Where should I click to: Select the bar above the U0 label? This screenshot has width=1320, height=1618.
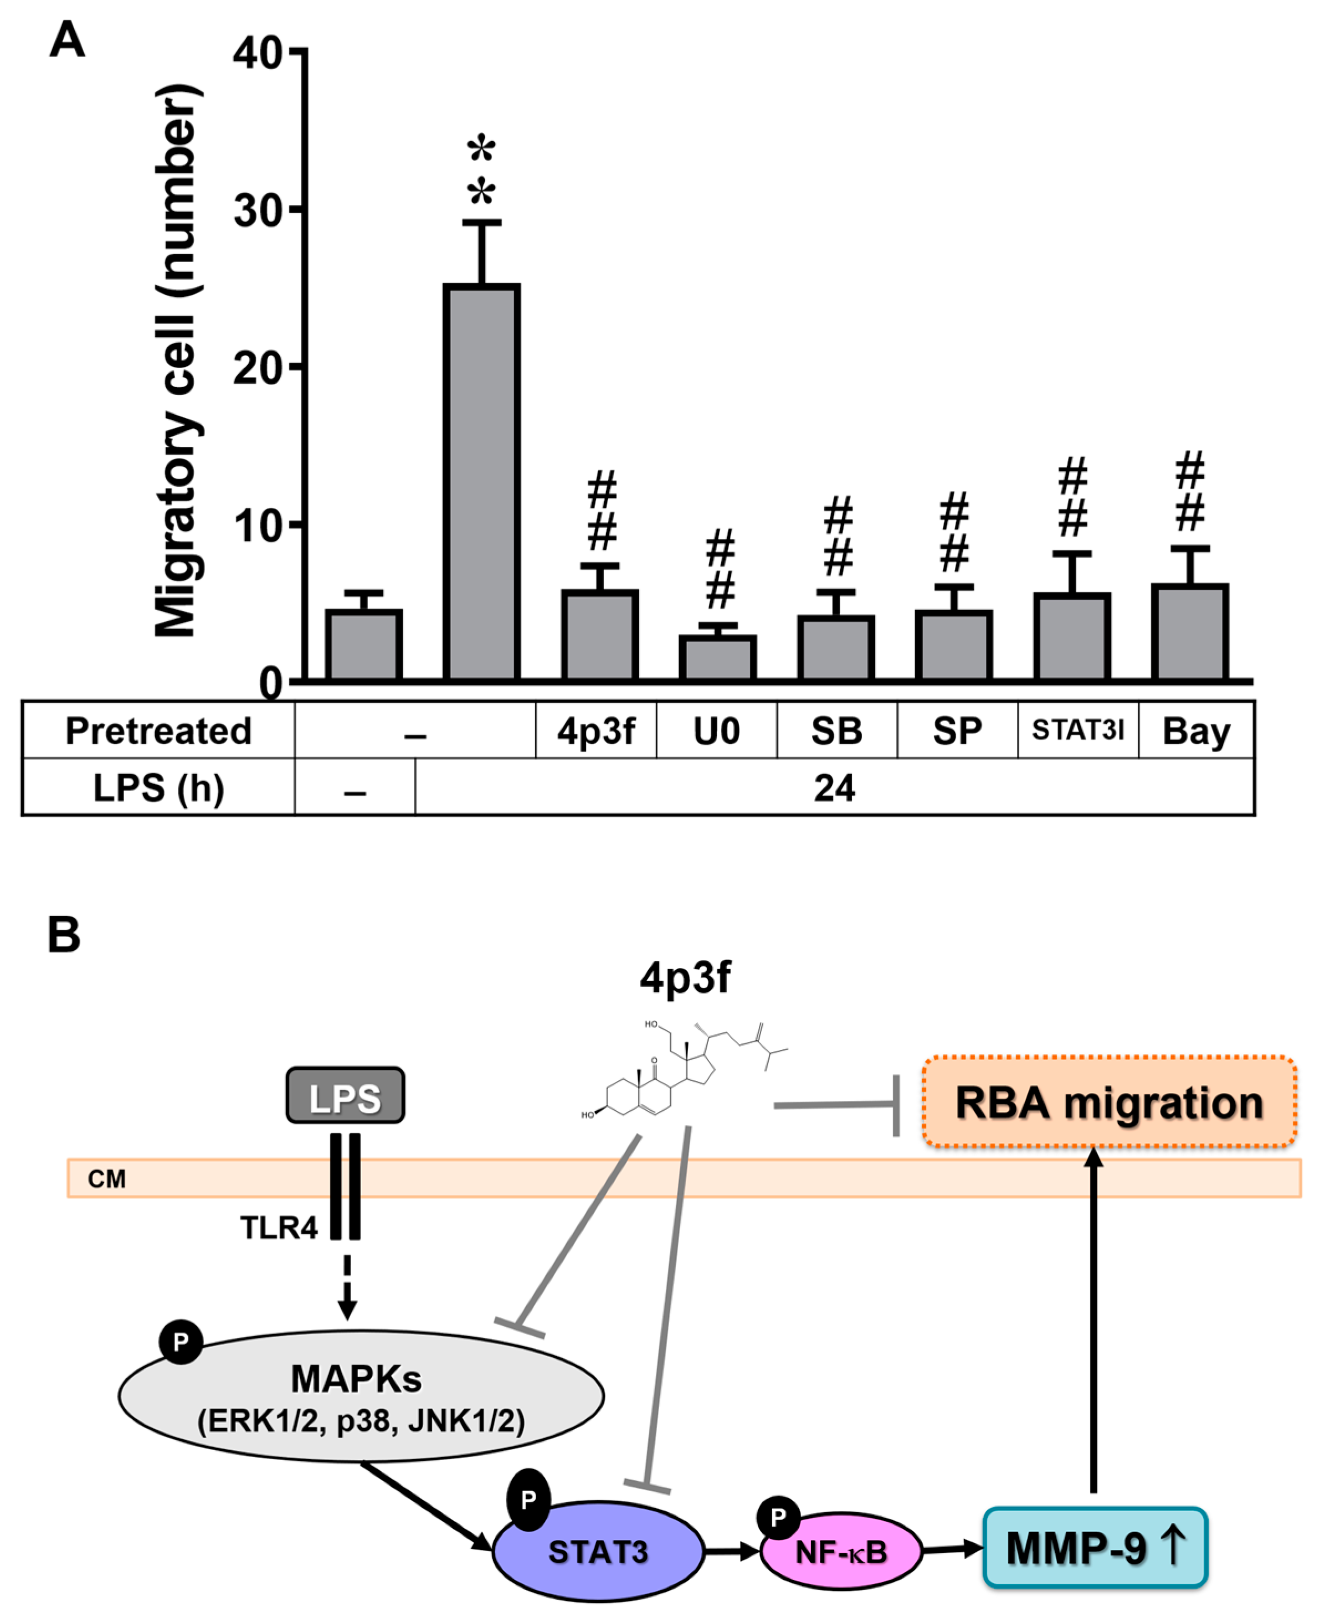pyautogui.click(x=717, y=657)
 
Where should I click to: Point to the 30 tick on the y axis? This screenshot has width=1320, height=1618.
pyautogui.click(x=259, y=210)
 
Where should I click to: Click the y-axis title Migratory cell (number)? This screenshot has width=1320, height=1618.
pyautogui.click(x=176, y=361)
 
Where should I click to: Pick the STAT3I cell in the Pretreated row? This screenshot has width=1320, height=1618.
pyautogui.click(x=1077, y=730)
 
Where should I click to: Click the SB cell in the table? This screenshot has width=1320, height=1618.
pyautogui.click(x=836, y=731)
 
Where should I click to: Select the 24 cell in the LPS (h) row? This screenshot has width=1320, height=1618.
pyautogui.click(x=834, y=788)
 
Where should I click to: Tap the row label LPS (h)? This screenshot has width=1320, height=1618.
pyautogui.click(x=158, y=788)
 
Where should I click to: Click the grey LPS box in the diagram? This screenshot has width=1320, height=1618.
pyautogui.click(x=345, y=1096)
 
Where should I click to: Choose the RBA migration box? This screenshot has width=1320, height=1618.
pyautogui.click(x=1108, y=1102)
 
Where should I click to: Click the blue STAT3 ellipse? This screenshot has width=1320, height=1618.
pyautogui.click(x=598, y=1551)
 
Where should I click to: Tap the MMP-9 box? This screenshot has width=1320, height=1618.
pyautogui.click(x=1095, y=1547)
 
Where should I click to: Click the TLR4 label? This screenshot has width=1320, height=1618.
pyautogui.click(x=278, y=1228)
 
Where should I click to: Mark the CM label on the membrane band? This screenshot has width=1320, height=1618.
pyautogui.click(x=106, y=1179)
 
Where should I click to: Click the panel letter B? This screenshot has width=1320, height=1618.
pyautogui.click(x=64, y=934)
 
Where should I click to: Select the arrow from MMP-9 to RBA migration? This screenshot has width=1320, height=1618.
pyautogui.click(x=1093, y=1322)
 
